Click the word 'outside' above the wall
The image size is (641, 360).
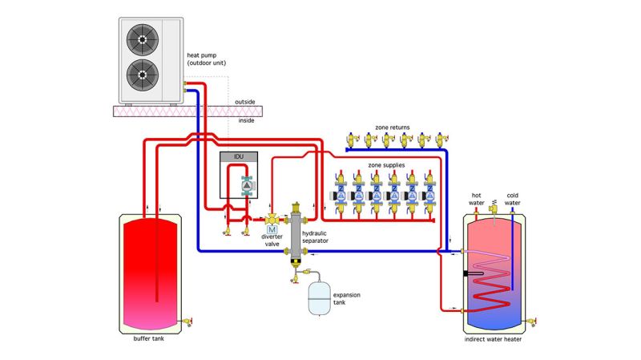[245, 102]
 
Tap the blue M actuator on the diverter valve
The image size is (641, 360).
[272, 231]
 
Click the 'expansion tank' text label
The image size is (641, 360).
[347, 298]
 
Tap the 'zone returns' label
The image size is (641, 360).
[392, 127]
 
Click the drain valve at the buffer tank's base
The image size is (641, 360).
[190, 322]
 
